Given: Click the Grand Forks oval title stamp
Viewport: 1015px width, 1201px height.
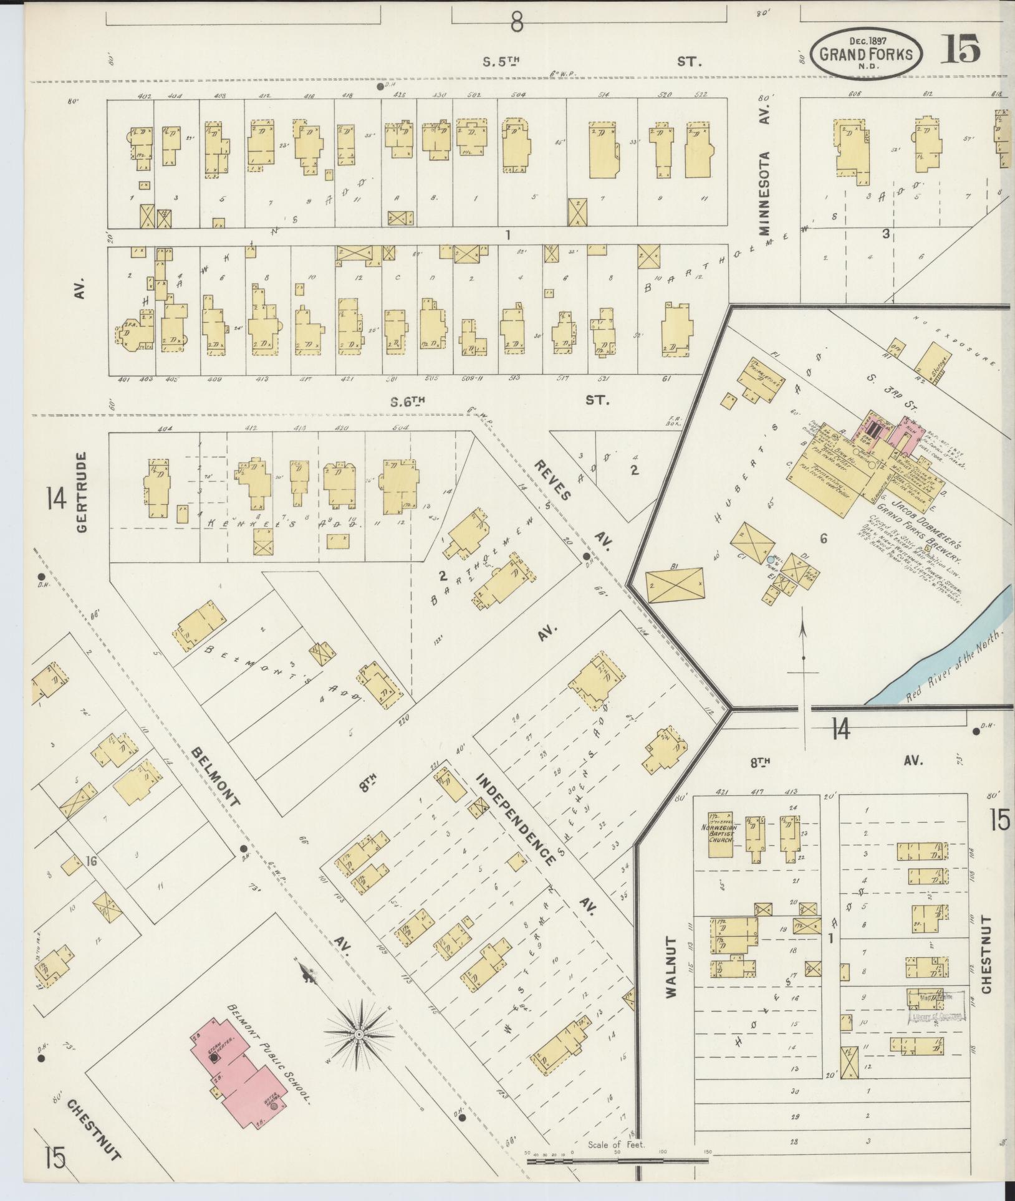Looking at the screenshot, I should [869, 54].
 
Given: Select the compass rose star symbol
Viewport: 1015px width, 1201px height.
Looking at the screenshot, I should [358, 1034].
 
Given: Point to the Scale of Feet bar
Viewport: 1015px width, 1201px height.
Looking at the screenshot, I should [617, 1162].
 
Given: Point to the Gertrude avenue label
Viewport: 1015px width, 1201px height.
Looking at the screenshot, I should [83, 492].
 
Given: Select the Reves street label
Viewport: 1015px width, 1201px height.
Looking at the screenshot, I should [553, 481].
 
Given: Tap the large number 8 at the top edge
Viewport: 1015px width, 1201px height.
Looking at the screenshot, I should [516, 23].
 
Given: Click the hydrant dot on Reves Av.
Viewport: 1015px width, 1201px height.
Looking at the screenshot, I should [587, 557].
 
